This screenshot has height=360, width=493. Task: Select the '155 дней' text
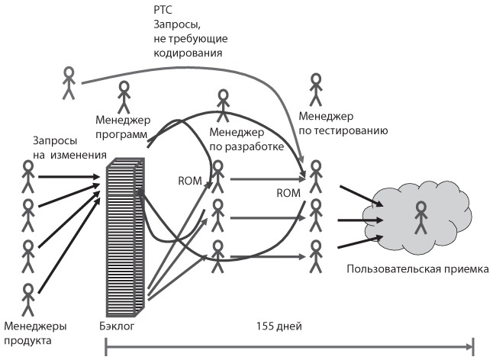280,326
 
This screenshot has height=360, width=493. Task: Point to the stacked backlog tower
123,237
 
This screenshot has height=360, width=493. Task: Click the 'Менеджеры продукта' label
34,333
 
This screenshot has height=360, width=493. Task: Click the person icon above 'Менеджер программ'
124,97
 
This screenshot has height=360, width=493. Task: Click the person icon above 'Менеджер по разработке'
223,104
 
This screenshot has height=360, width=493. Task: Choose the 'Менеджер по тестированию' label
343,124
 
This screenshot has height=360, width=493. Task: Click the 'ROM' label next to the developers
188,181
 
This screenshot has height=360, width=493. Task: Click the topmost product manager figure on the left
29,177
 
